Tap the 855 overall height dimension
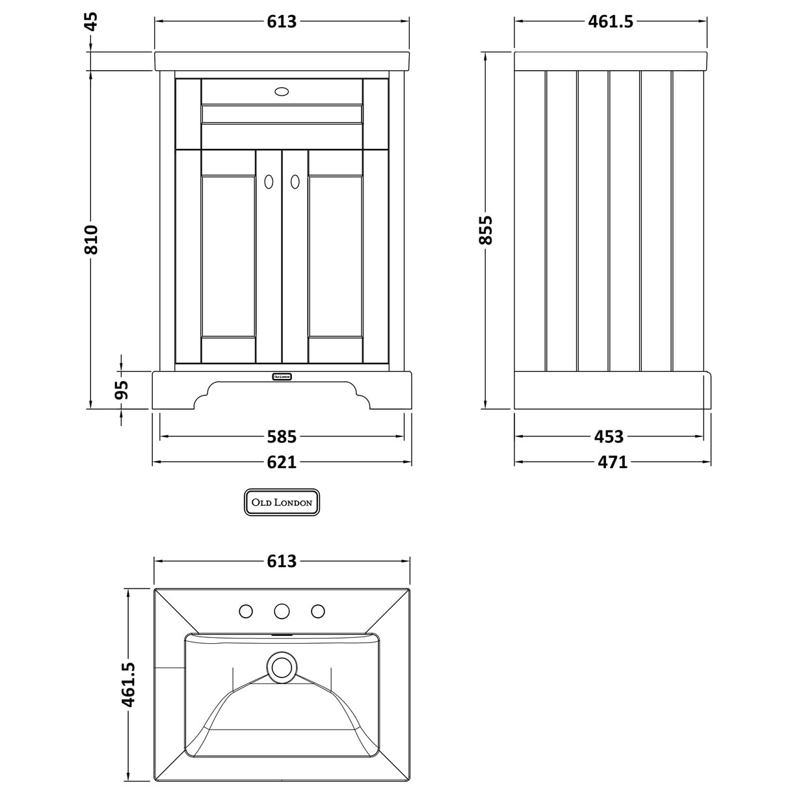click(486, 230)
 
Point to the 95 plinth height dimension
click(122, 390)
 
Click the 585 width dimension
click(282, 436)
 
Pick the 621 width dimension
click(282, 462)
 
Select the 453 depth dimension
click(609, 436)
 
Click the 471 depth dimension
click(612, 462)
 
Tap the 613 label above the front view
click(282, 21)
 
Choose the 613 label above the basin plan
click(282, 561)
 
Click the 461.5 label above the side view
click(610, 21)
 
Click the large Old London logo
click(282, 503)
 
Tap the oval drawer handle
click(282, 92)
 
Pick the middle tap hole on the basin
click(282, 611)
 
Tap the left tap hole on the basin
click(246, 611)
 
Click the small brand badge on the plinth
click(282, 376)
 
